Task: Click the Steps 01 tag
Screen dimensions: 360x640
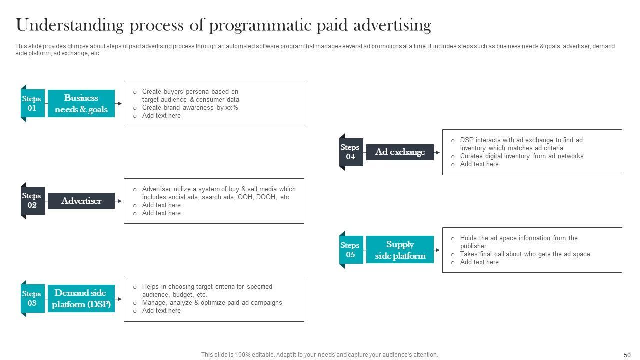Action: click(x=32, y=103)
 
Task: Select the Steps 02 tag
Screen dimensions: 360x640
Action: click(x=32, y=201)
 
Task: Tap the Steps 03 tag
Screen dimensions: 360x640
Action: click(x=32, y=298)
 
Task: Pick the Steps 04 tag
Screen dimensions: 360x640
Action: click(x=351, y=152)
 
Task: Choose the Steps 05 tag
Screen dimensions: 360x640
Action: click(x=351, y=250)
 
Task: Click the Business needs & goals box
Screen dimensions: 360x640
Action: click(x=81, y=104)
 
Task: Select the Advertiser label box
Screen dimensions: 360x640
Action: click(x=81, y=201)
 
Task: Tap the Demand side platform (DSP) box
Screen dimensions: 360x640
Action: click(x=81, y=299)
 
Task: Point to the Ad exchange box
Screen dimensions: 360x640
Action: click(x=400, y=152)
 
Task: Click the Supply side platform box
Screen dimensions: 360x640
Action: click(x=400, y=250)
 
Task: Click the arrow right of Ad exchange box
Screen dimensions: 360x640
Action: click(x=437, y=152)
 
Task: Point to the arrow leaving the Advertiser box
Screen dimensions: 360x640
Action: click(x=119, y=201)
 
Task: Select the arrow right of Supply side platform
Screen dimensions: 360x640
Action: click(x=437, y=250)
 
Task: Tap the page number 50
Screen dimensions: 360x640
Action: click(x=627, y=355)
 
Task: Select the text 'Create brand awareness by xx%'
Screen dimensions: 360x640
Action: click(x=190, y=108)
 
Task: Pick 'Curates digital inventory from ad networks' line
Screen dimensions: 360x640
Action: click(x=522, y=156)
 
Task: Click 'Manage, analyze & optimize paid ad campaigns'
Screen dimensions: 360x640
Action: click(x=212, y=303)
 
